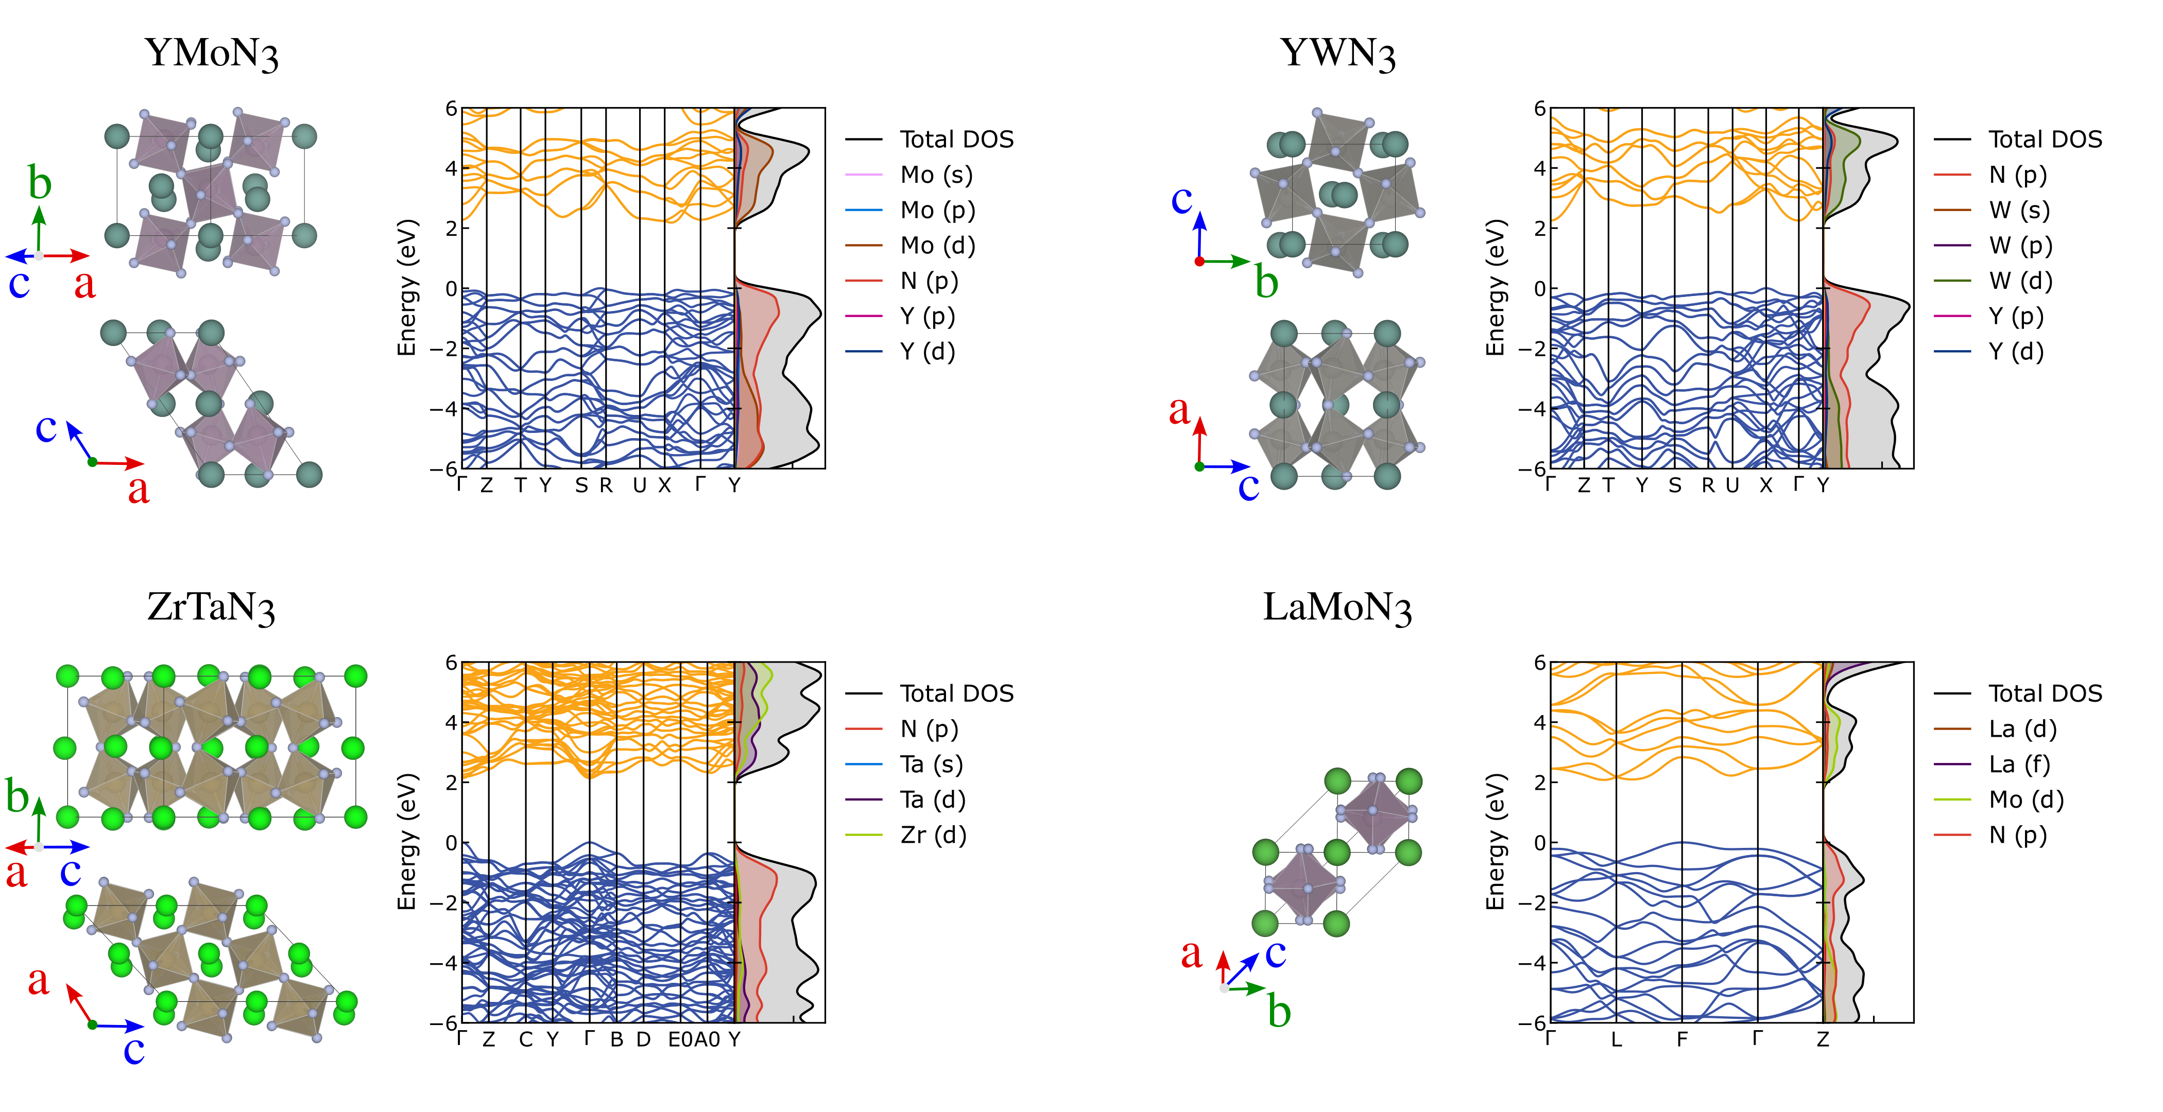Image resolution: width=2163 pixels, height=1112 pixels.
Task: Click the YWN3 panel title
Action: tap(1337, 54)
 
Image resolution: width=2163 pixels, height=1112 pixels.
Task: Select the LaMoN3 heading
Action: tap(1337, 607)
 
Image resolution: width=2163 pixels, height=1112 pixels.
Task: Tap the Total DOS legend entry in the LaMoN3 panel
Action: tap(2045, 694)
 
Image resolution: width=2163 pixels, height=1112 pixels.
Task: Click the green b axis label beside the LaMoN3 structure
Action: tap(1279, 1011)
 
